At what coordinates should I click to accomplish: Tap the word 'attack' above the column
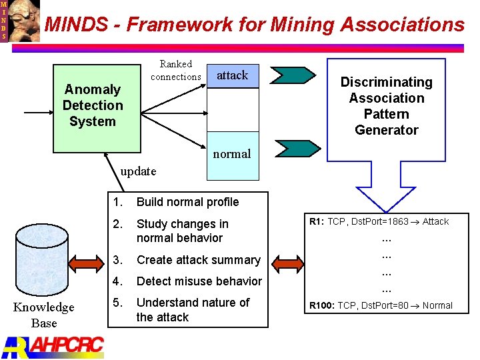[x=232, y=75]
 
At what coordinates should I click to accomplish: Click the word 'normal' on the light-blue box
[x=232, y=154]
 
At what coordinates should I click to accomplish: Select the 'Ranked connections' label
[x=176, y=70]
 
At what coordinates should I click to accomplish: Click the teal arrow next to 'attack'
[x=295, y=75]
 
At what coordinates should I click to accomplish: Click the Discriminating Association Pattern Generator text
[x=386, y=106]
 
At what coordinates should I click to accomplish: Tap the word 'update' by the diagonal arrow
[x=138, y=171]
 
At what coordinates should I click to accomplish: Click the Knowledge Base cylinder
[x=43, y=260]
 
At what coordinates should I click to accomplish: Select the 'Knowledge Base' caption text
[x=44, y=315]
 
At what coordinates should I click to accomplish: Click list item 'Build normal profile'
[x=187, y=202]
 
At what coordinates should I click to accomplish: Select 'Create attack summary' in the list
[x=198, y=260]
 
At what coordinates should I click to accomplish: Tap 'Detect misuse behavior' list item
[x=199, y=281]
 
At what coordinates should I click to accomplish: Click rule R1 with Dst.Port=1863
[x=378, y=221]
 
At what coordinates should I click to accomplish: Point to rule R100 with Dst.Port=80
[x=380, y=305]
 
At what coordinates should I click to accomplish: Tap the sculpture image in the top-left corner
[x=24, y=21]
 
